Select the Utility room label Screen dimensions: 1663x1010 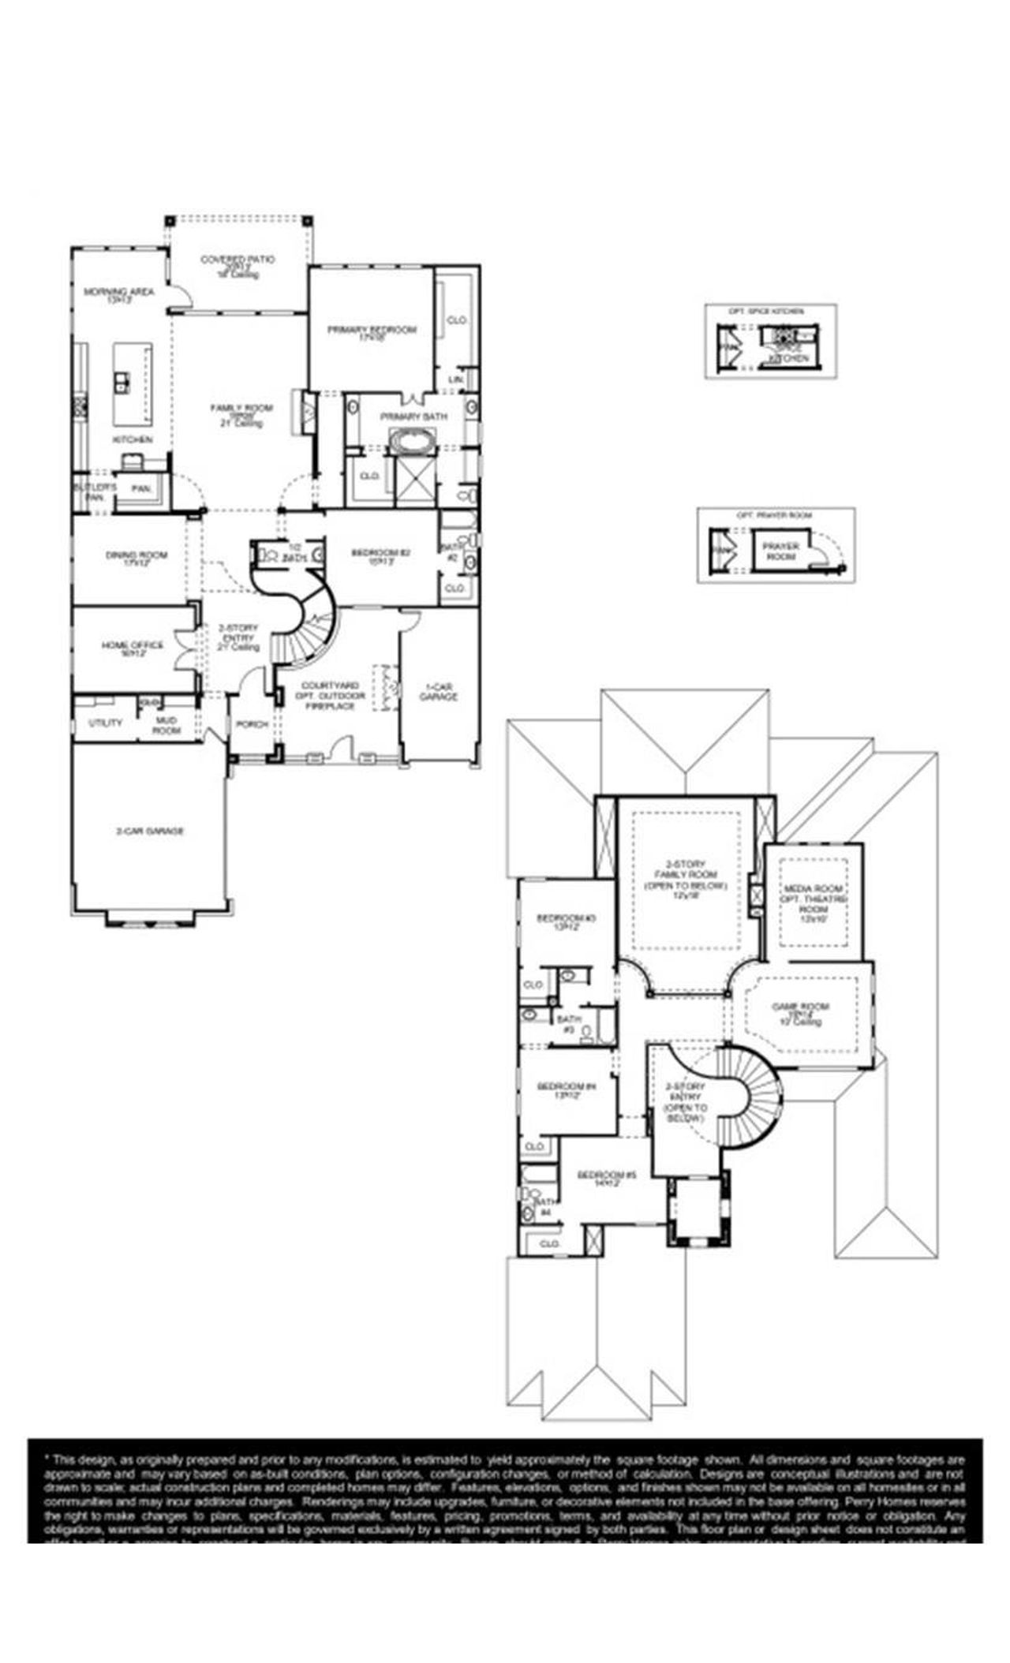click(105, 722)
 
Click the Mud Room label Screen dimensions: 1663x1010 click(166, 725)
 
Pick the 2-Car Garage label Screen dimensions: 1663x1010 click(150, 831)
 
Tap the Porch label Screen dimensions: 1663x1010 click(252, 723)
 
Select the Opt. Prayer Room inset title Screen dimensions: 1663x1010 click(774, 515)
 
